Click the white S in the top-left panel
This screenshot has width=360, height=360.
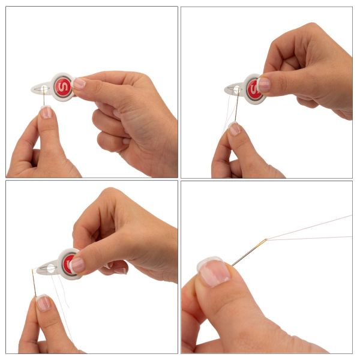click(62, 87)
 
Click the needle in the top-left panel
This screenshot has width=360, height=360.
click(44, 96)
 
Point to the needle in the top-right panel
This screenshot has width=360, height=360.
click(237, 104)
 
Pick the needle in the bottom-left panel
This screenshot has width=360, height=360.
click(34, 283)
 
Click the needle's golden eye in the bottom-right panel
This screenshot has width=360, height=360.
click(262, 242)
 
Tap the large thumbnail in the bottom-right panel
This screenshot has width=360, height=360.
click(214, 272)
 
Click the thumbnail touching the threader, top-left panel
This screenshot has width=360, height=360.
click(79, 83)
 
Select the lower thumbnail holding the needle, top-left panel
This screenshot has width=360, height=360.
click(47, 112)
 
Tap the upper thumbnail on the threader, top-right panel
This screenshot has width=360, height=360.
click(263, 85)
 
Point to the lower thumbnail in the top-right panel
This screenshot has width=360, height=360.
click(235, 128)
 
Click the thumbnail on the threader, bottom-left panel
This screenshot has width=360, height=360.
click(77, 265)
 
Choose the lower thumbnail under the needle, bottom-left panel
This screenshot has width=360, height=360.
click(43, 302)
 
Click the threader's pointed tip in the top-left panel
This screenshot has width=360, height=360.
click(32, 89)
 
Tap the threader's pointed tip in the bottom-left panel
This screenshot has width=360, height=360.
click(37, 268)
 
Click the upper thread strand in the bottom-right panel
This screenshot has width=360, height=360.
click(309, 227)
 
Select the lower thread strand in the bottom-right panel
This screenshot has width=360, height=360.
click(309, 238)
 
